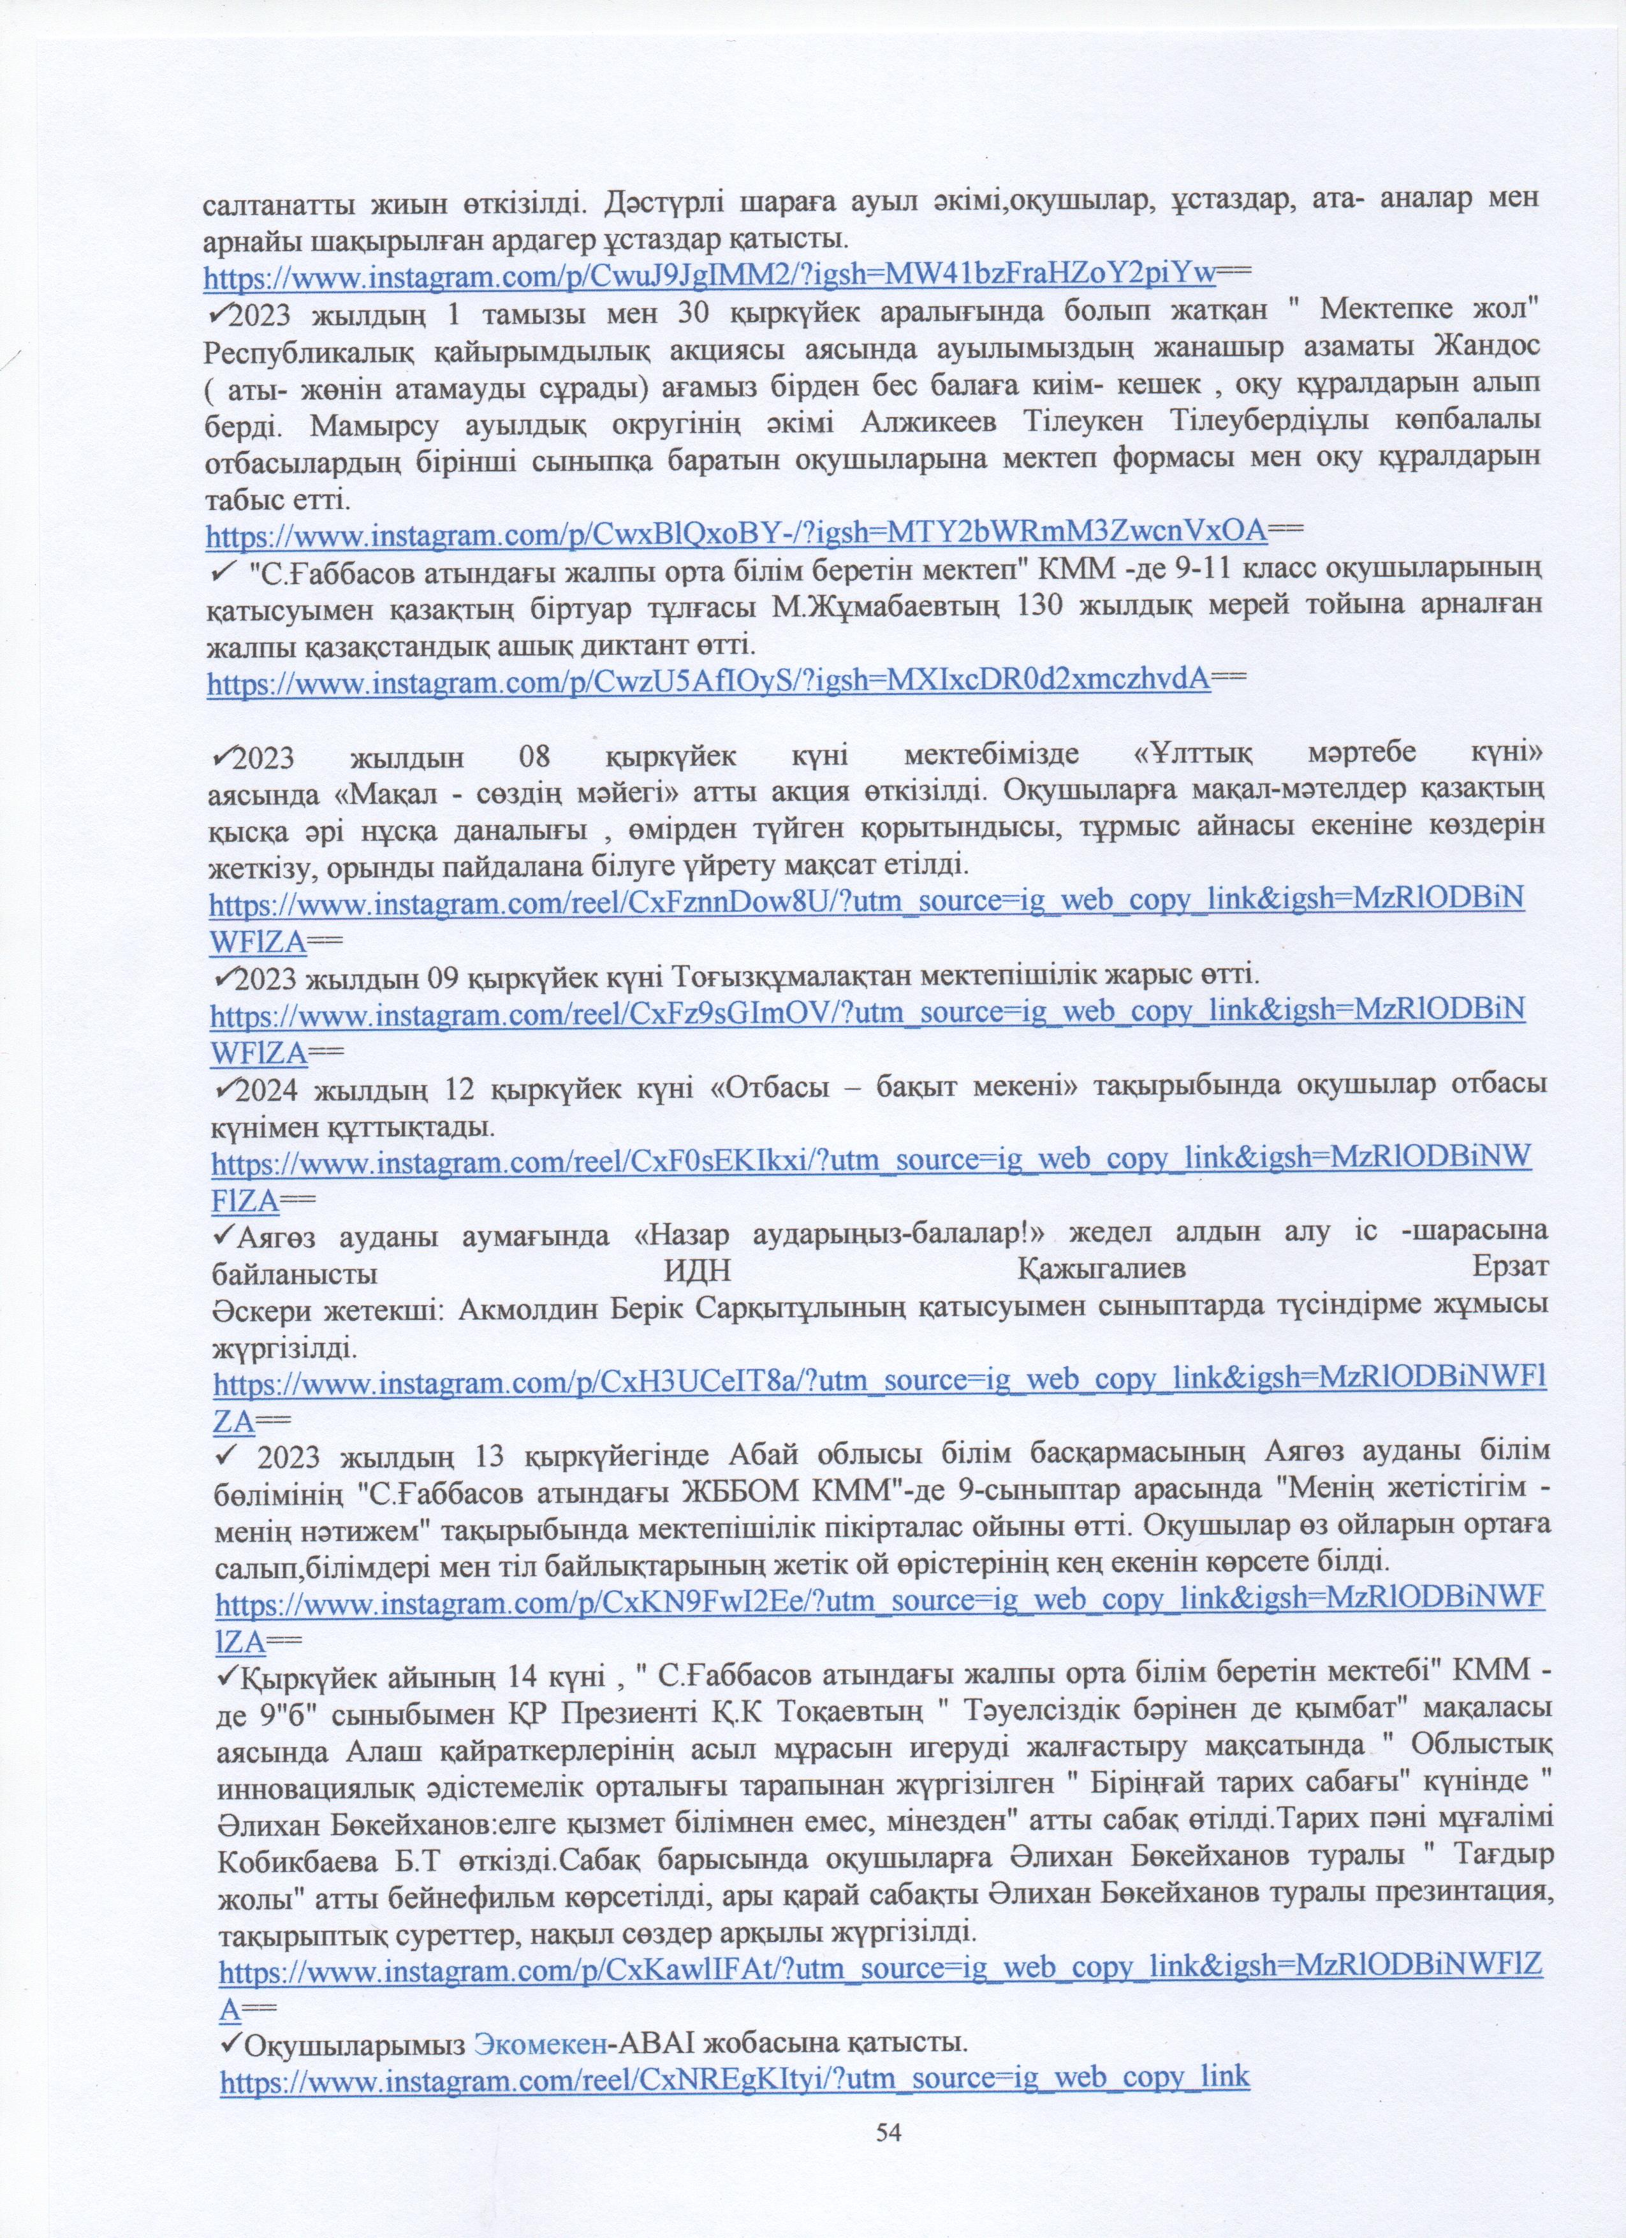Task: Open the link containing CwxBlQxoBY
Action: click(x=736, y=534)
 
